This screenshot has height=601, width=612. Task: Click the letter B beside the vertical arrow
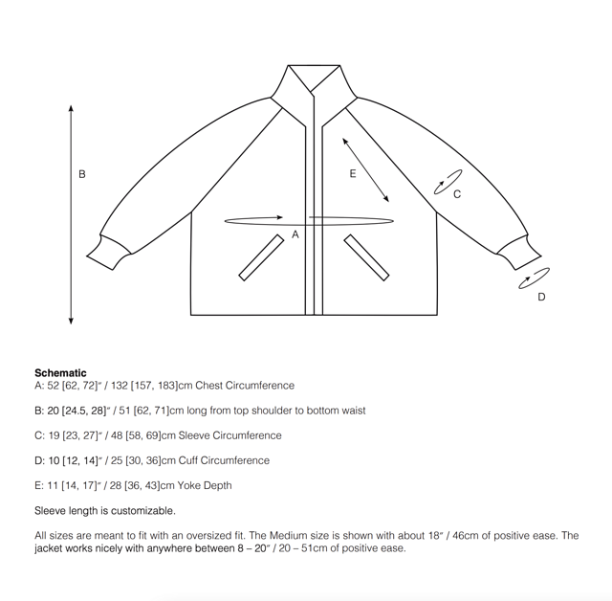tap(82, 174)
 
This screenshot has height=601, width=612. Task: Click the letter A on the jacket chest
tap(295, 234)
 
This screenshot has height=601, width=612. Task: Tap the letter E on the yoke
tap(353, 173)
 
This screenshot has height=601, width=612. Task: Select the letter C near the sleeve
tap(457, 194)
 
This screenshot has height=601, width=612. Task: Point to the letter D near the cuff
tap(541, 297)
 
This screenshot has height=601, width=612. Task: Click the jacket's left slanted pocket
tap(262, 257)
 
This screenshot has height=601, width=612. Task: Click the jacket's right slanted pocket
tap(365, 257)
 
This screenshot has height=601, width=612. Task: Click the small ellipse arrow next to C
tap(448, 182)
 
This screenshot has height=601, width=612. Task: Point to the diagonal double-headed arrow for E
tap(365, 168)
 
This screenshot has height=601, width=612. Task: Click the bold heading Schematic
tap(60, 373)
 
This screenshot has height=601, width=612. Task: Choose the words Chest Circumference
tap(245, 386)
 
